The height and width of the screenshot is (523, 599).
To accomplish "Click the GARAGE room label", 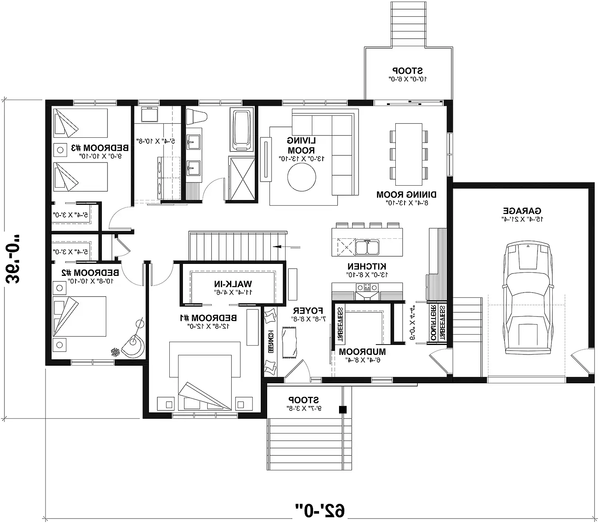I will click(x=522, y=211).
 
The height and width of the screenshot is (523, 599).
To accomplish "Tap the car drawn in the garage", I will click(x=528, y=297).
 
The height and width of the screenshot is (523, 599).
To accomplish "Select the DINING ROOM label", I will click(x=406, y=195).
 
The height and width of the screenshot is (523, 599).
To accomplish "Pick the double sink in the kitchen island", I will click(x=367, y=247).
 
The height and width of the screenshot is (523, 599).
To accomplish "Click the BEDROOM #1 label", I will click(x=208, y=318).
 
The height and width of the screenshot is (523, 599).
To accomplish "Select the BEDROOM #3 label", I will click(x=100, y=148).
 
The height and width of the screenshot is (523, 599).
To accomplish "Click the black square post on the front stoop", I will click(x=342, y=409).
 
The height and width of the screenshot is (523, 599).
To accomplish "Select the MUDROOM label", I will click(x=362, y=352).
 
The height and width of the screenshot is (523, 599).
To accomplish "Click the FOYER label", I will click(x=308, y=310).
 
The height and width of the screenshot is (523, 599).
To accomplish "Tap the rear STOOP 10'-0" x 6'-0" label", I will click(x=407, y=71).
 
